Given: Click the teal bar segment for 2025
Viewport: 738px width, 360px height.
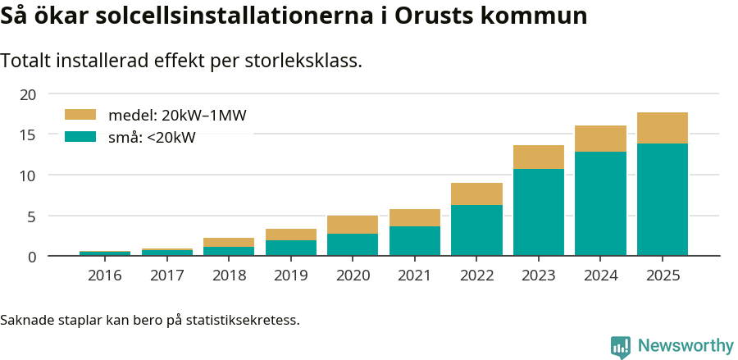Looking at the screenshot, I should pos(662,199).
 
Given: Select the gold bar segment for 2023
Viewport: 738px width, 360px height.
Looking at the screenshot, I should pos(538,157).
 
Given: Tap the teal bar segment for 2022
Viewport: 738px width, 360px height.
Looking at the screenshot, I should pos(476,230).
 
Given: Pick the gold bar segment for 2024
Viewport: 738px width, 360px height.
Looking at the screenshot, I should pos(600,139).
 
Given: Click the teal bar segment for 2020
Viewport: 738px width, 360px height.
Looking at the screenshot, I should pos(353,244).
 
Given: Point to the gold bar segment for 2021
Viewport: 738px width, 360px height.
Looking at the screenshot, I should pos(414,217).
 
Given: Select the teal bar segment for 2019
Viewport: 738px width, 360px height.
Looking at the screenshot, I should pos(290,248).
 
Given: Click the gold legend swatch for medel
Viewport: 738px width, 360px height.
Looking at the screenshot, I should pos(80,116).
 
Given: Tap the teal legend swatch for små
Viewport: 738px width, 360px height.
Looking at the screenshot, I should pos(80,137).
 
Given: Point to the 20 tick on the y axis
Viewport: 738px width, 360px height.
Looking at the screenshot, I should pos(28,94).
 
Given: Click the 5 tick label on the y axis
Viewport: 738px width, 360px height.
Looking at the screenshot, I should pos(32,216).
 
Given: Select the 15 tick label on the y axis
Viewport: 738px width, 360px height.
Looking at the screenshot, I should pos(28,135).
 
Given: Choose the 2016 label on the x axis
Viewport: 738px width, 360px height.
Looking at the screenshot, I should pos(104,276).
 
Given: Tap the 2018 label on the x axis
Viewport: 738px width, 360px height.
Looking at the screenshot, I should pos(229,276).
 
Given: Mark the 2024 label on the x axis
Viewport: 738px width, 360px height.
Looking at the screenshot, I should pos(600,276).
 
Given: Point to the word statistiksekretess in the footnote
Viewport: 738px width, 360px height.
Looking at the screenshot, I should pos(242,319).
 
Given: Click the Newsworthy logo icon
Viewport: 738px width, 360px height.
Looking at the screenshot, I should pos(621,346).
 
